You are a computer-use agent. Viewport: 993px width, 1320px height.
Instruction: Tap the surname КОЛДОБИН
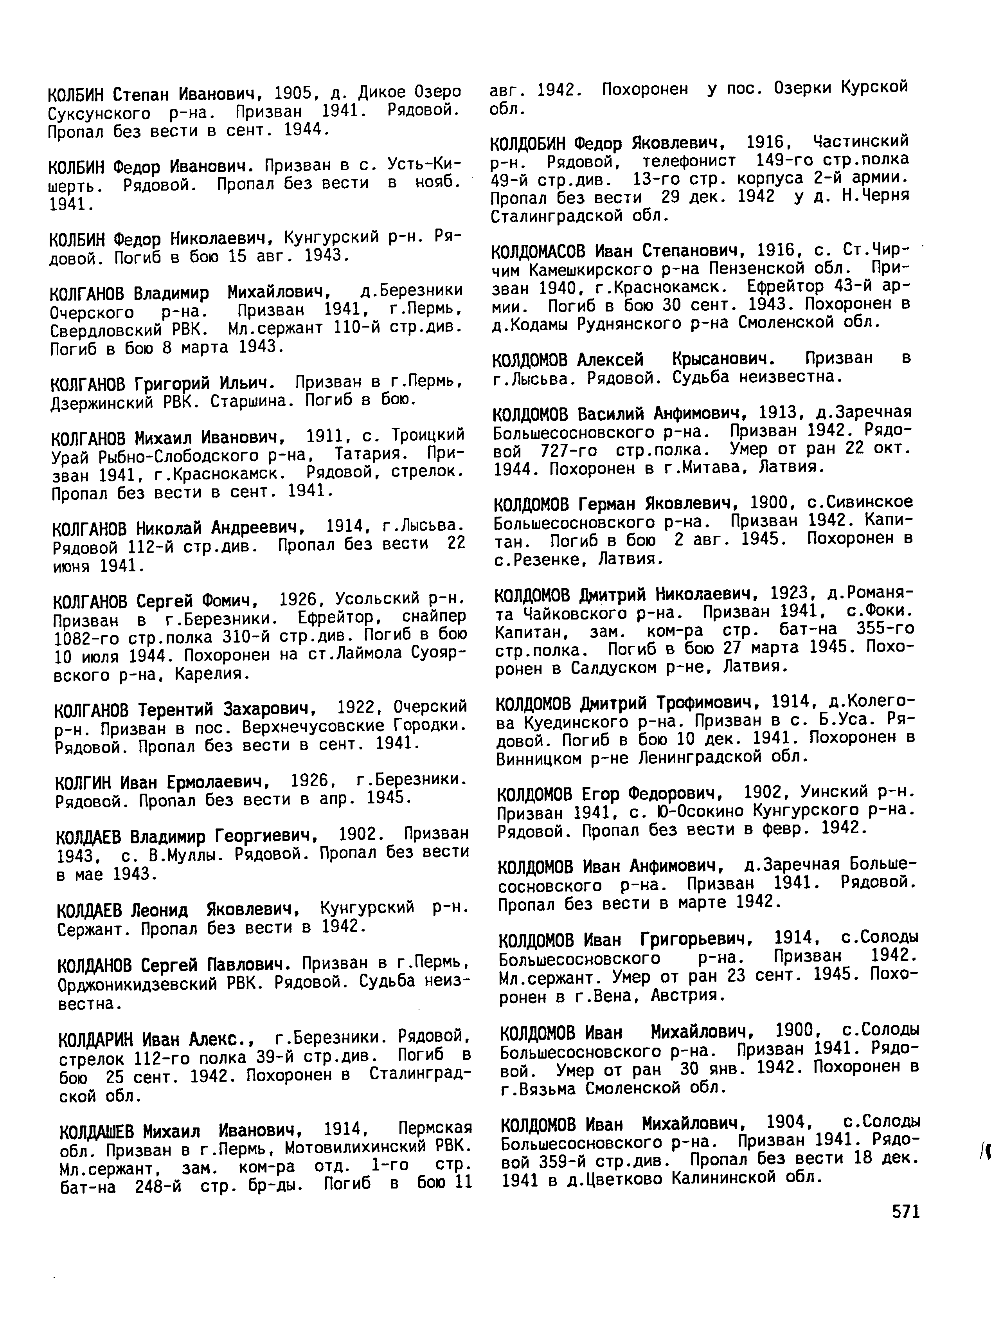coord(527,144)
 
